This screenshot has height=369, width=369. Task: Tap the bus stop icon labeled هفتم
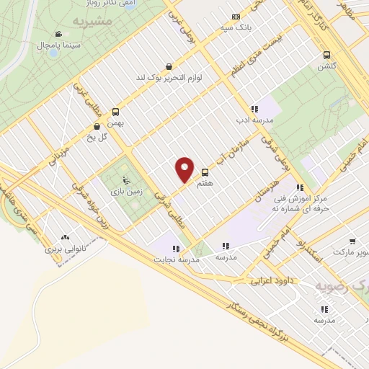(x=205, y=172)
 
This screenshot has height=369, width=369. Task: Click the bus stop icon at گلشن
(x=327, y=54)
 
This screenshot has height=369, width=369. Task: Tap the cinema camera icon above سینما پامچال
(x=58, y=34)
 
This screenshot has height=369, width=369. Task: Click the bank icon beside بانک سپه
(x=236, y=17)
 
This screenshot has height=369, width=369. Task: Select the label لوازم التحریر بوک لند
(x=169, y=77)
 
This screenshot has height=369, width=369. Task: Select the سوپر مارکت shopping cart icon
(x=352, y=241)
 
